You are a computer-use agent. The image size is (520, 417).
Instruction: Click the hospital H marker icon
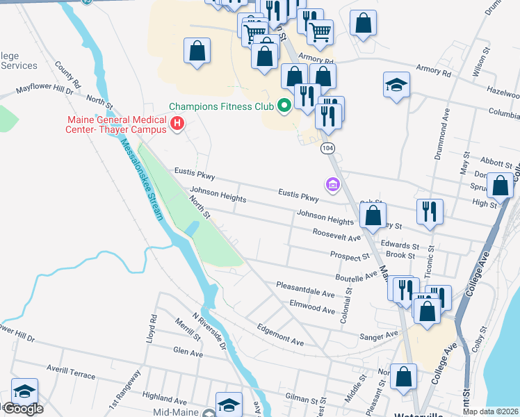[x=177, y=124]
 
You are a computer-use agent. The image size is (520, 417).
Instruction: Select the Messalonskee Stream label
[x=143, y=179]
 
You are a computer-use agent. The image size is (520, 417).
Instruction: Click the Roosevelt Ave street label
[x=336, y=234]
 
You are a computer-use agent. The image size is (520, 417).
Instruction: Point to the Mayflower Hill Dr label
[x=45, y=90]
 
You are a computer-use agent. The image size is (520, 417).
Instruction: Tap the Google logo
[x=23, y=409]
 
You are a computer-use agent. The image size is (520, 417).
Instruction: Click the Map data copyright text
[x=490, y=411]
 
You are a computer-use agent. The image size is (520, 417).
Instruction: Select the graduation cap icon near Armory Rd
[x=396, y=85]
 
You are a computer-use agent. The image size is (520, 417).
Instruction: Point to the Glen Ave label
[x=188, y=353]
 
